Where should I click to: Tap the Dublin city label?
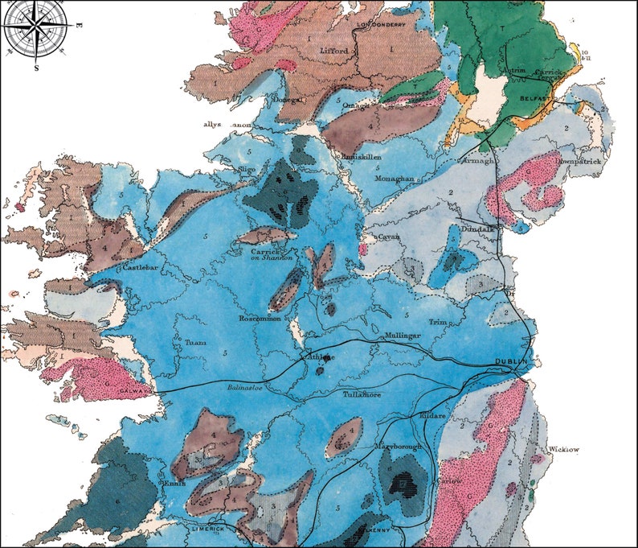click(x=511, y=361)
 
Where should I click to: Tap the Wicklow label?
click(x=564, y=449)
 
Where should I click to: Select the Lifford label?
click(x=333, y=51)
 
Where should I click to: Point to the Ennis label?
click(x=174, y=484)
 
